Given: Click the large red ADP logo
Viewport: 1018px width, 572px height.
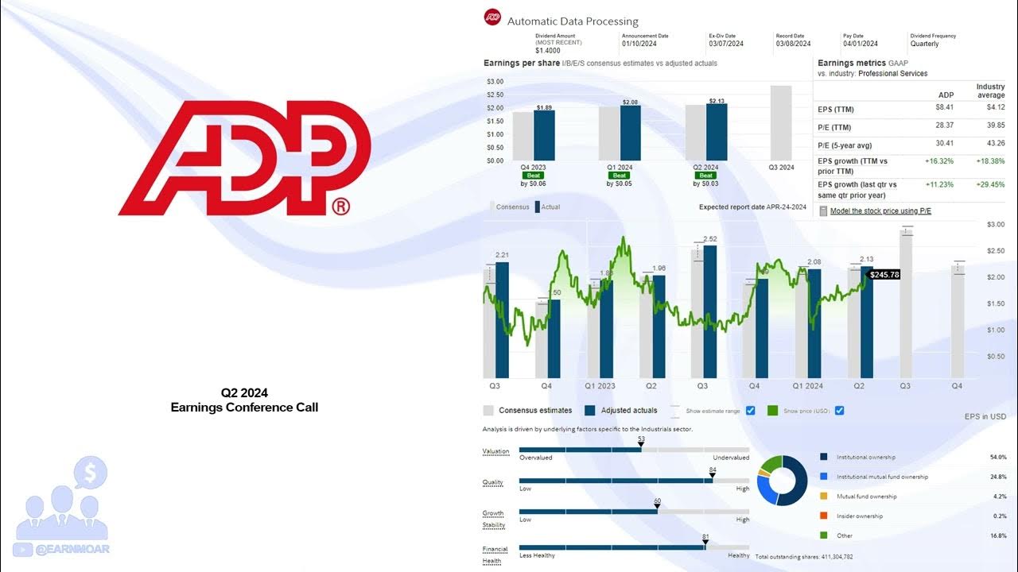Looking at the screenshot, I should click(245, 158).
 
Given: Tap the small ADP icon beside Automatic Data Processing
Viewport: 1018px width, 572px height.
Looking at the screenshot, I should click(492, 17).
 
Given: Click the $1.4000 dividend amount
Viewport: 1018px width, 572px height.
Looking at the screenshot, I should click(549, 51).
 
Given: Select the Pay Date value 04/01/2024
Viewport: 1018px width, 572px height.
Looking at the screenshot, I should click(861, 44).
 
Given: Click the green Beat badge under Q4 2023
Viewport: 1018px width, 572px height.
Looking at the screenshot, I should click(534, 176).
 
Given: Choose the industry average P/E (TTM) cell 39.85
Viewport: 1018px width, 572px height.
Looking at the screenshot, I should click(994, 125).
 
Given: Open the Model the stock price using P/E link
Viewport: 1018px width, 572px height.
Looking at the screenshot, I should click(880, 211).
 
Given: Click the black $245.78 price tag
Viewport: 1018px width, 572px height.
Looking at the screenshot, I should click(884, 275).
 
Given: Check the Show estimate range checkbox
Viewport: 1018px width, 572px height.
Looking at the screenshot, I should click(751, 411).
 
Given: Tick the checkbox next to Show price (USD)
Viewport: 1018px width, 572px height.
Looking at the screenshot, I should click(839, 411).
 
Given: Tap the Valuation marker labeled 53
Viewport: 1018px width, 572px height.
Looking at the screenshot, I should click(641, 446).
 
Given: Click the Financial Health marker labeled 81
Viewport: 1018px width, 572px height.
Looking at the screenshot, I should click(705, 544).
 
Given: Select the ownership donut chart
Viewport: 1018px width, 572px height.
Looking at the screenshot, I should click(782, 481).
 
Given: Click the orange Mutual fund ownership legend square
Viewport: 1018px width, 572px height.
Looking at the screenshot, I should click(823, 497).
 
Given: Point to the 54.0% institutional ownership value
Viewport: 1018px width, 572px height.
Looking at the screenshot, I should click(998, 458).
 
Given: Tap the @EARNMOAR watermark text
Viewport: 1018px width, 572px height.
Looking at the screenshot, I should click(72, 549).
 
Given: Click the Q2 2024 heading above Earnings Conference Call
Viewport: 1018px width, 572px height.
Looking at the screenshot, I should click(244, 392).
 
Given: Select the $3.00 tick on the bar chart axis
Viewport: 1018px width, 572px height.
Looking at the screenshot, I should click(494, 82).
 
